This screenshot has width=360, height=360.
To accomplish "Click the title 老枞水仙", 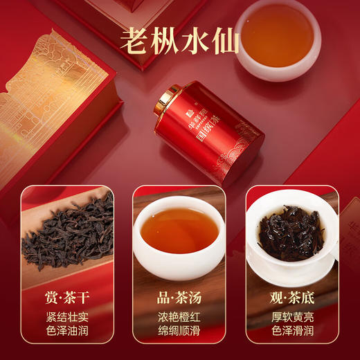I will [179, 39].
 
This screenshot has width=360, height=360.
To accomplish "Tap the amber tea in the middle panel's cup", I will [178, 230].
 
